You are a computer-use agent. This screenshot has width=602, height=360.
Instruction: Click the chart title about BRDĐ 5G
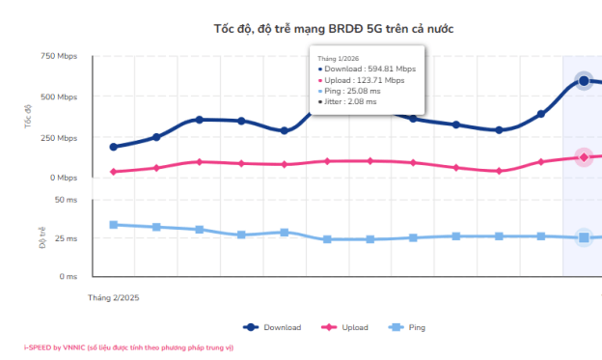pos(334,29)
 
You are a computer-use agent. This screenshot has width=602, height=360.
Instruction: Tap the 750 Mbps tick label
pos(59,56)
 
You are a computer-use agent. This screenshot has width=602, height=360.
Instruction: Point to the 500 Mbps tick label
pos(59,97)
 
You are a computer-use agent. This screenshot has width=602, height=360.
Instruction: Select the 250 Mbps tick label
pos(59,138)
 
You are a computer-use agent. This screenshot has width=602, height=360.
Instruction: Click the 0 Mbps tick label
pos(64,178)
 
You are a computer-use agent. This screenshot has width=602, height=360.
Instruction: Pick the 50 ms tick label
pos(66,200)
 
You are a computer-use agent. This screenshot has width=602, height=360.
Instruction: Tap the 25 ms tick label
pos(66,238)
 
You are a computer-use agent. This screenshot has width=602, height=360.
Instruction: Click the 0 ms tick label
pos(68,276)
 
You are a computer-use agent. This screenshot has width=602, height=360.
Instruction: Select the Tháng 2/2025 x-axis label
pos(113,298)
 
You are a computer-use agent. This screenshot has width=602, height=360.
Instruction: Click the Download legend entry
pos(272,327)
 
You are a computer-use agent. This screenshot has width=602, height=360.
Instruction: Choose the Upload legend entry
pos(344,327)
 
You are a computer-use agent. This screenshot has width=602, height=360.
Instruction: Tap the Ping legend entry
pos(407,327)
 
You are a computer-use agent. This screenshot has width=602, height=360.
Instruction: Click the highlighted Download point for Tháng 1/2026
pos(584,81)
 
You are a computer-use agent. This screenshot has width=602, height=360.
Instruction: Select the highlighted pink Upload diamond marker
pos(584,157)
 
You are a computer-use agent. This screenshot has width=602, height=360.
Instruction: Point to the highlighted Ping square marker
pos(584,237)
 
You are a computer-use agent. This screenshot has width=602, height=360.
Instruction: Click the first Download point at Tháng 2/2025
pos(113,147)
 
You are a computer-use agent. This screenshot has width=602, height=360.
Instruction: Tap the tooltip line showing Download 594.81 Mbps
pos(367,69)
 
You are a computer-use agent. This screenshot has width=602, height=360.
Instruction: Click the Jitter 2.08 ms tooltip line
pos(347,101)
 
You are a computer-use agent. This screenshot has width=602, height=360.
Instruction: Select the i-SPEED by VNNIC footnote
pos(128,347)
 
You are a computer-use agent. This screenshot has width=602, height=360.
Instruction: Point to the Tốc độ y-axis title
pos(28,117)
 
